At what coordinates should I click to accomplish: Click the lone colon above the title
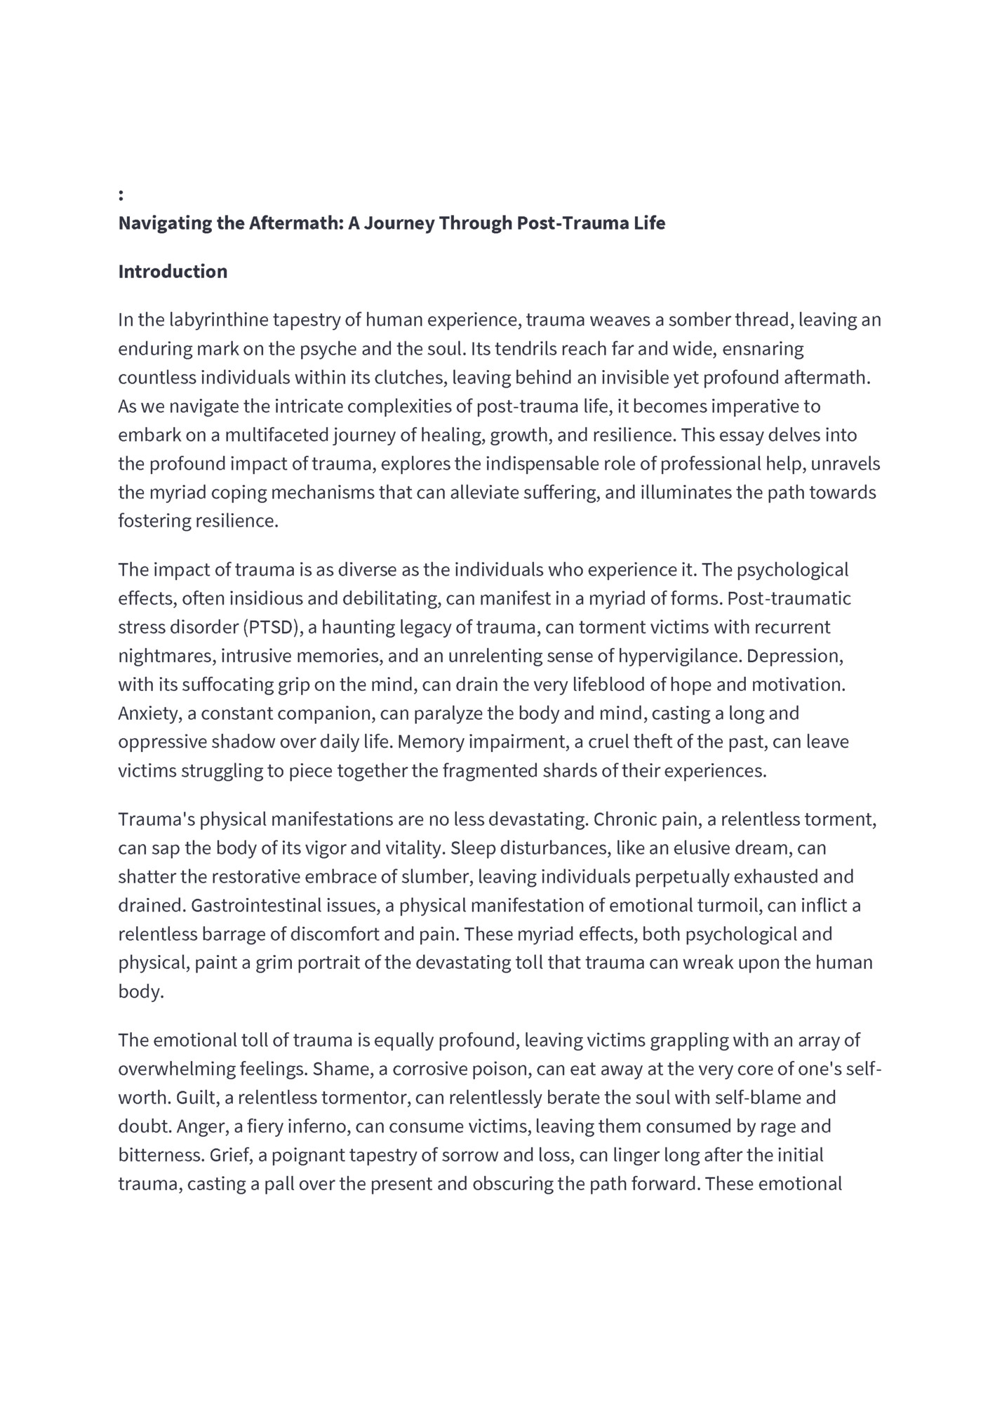click(121, 195)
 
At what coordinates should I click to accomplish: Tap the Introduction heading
click(173, 272)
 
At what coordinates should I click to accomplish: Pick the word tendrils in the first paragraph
click(526, 349)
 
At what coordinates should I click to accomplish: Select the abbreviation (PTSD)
click(272, 627)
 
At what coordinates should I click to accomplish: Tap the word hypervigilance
click(679, 656)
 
